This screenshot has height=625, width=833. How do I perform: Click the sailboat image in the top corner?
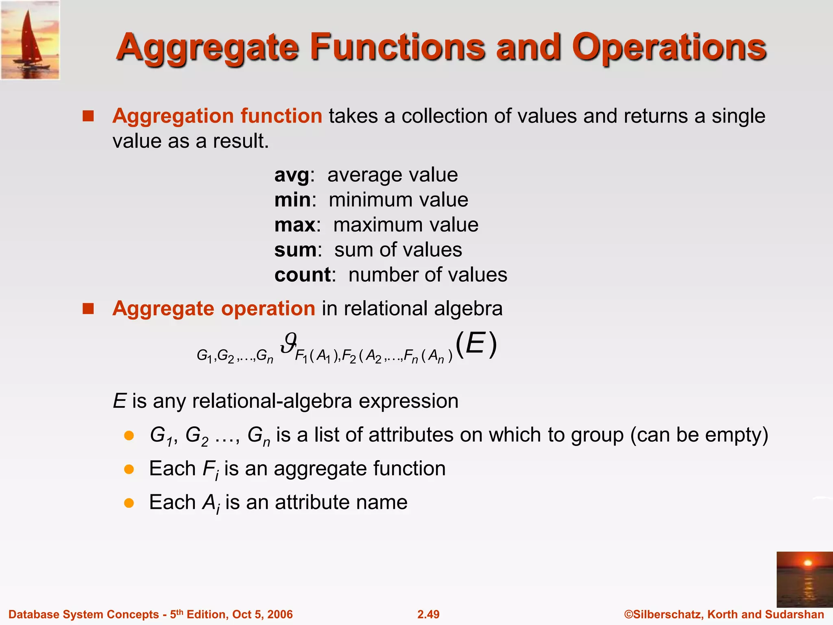(x=30, y=40)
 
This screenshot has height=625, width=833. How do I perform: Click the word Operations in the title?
(x=669, y=48)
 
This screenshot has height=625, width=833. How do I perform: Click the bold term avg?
(x=292, y=175)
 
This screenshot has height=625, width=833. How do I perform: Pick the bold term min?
(x=292, y=200)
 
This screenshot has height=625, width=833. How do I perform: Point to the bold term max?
(x=295, y=225)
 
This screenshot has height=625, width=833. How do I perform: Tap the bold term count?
(x=303, y=275)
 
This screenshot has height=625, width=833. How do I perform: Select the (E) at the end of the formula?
(x=476, y=344)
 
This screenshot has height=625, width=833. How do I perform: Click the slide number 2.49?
(x=428, y=614)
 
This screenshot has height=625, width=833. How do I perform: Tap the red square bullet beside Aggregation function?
(x=88, y=116)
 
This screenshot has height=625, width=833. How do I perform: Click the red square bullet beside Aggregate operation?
(x=88, y=309)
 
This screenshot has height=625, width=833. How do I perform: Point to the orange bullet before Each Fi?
(x=129, y=470)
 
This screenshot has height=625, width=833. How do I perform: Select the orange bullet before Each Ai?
(x=129, y=503)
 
